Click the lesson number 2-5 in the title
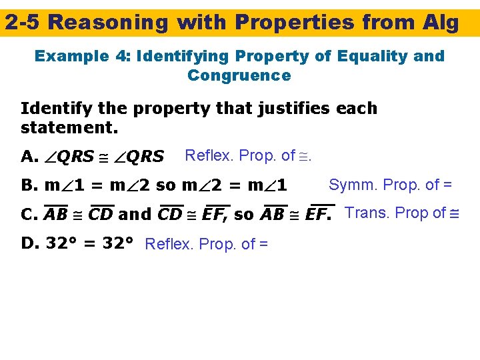pos(23,23)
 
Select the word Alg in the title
pos(440,23)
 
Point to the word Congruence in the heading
pos(239,75)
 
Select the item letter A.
pos(29,157)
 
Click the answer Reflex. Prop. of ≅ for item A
pos(248,156)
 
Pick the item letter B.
pos(29,185)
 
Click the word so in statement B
pos(165,185)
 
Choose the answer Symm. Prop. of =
pos(391,184)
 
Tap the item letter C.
pos(29,215)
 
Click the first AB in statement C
pos(56,215)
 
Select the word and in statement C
pos(135,215)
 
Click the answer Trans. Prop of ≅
pos(403,213)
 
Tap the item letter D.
pos(30,243)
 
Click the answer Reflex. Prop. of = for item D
pos(206,244)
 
